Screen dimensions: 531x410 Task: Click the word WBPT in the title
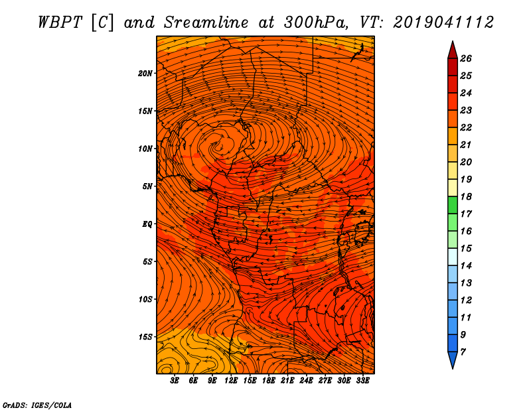(60, 23)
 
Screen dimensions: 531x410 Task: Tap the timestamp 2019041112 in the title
(443, 23)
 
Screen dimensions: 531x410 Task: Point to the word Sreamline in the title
(206, 23)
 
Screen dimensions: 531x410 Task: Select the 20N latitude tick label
(145, 74)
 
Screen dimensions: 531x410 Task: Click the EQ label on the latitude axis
(147, 224)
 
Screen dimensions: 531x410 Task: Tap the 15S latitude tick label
(145, 337)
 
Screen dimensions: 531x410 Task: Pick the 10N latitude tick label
(145, 149)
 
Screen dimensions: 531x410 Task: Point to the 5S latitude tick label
(147, 261)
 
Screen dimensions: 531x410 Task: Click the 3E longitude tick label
(175, 381)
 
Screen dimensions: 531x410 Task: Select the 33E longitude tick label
(362, 381)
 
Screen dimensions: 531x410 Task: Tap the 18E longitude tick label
(269, 381)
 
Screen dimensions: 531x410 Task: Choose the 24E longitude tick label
(306, 381)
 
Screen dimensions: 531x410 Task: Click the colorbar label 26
(466, 58)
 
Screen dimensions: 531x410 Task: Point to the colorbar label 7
(463, 352)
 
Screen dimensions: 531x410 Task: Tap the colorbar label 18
(466, 196)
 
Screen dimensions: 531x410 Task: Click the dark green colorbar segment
(453, 205)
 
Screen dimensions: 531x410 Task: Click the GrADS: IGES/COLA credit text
(37, 405)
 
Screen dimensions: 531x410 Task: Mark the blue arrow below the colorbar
(453, 359)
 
